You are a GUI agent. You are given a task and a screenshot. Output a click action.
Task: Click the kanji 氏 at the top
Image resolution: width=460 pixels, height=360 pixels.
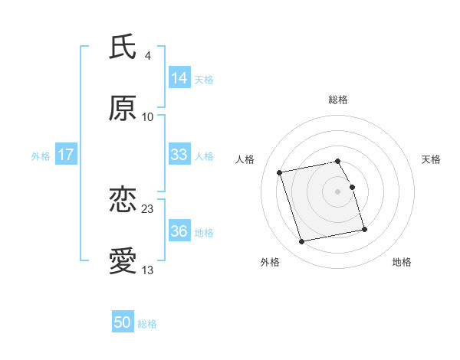coord(123,47)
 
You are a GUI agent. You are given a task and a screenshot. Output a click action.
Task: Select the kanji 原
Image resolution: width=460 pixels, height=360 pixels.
coord(123,109)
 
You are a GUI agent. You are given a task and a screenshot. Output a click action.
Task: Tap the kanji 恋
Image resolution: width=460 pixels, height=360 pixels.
coord(123,201)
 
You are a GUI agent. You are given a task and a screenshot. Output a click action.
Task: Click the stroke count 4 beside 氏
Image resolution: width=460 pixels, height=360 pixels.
coord(147,55)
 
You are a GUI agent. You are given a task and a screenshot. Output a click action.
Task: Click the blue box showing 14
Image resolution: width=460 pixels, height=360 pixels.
coord(179,78)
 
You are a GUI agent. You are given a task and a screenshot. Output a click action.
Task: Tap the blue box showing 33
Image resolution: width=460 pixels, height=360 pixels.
coord(179,155)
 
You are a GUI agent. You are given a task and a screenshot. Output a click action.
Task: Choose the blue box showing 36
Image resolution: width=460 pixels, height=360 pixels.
coord(179,231)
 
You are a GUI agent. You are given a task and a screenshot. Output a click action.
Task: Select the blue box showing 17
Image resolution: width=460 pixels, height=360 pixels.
coord(66,155)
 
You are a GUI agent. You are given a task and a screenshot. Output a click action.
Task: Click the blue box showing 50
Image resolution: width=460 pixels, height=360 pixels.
coord(123,322)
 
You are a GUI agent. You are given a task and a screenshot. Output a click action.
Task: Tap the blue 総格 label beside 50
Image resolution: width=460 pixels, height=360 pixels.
coord(147,324)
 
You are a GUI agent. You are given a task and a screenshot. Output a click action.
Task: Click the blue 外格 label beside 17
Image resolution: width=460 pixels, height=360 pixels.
coord(41,156)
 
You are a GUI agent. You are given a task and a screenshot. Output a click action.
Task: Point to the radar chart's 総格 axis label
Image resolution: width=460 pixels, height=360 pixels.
coord(338,100)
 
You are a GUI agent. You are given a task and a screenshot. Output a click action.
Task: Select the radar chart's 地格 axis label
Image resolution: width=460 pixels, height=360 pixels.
coord(402,263)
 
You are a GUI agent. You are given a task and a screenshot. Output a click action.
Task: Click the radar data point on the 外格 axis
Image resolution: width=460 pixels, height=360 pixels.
coord(302,242)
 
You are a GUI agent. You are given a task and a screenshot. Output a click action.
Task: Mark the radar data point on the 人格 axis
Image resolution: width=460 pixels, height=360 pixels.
coord(280,172)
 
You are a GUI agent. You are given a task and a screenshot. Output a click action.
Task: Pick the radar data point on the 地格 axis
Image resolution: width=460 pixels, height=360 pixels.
coord(364,229)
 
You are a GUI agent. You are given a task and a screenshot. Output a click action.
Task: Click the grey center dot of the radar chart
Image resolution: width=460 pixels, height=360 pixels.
coord(338,191)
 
